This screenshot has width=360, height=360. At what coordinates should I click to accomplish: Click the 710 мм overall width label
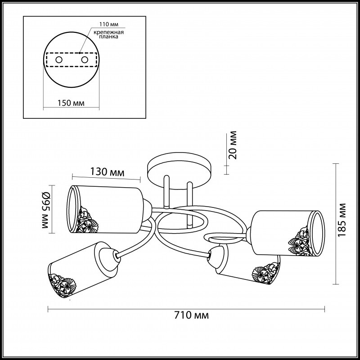click(192, 315)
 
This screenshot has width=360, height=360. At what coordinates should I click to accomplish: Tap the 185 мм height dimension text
click(342, 220)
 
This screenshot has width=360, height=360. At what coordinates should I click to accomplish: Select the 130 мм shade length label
click(107, 172)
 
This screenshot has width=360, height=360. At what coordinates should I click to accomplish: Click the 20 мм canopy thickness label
click(233, 145)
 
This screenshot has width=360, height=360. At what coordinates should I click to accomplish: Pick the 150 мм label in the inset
click(71, 103)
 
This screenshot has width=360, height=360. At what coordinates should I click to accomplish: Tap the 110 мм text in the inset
click(109, 24)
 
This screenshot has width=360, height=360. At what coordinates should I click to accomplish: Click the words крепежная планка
click(108, 35)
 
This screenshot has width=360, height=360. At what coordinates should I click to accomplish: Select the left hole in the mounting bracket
click(59, 60)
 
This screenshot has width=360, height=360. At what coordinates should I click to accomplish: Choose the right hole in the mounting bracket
click(85, 60)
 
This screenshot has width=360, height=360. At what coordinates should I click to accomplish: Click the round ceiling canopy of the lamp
click(179, 171)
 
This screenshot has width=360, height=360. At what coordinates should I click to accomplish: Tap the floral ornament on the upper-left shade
click(87, 220)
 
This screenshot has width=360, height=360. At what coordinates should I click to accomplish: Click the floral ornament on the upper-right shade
click(300, 242)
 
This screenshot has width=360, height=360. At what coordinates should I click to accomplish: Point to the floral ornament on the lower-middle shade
click(266, 273)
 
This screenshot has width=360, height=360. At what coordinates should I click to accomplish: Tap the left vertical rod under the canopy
click(166, 192)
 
